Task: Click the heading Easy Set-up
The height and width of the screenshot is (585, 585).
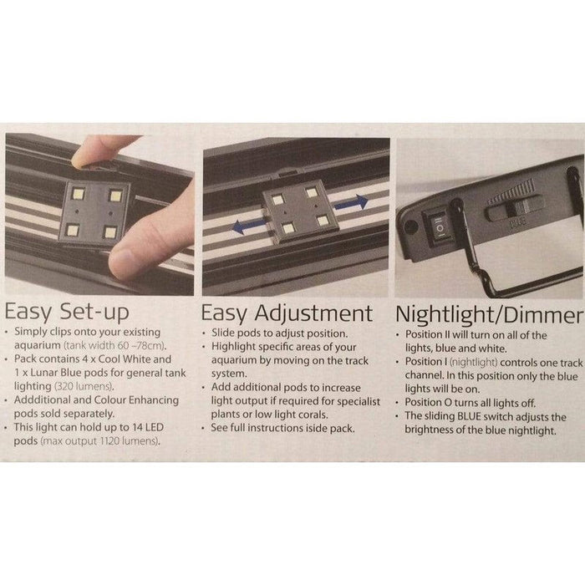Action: click(x=67, y=312)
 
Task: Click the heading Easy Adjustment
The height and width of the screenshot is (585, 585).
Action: click(x=287, y=313)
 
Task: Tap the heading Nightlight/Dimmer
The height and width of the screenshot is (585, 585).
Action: click(x=489, y=314)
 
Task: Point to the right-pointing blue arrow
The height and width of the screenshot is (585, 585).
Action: click(x=351, y=202)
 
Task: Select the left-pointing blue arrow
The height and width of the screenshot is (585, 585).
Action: click(x=249, y=226)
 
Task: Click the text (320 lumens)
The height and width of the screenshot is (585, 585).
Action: click(x=84, y=386)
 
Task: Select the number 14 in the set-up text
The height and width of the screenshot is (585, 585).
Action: click(x=137, y=427)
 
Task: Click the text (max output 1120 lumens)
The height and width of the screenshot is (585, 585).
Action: click(x=100, y=441)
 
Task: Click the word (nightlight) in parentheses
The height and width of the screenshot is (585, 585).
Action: click(x=474, y=362)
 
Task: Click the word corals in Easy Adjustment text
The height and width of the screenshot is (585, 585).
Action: click(x=313, y=415)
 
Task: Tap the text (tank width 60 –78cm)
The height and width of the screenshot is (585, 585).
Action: click(x=115, y=345)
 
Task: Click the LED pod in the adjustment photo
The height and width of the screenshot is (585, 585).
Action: click(x=301, y=211)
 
